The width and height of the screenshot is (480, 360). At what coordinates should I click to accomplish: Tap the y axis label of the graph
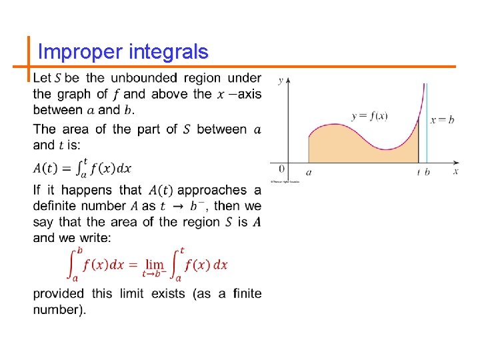(x=281, y=81)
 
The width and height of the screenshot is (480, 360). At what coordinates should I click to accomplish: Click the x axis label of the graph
(x=456, y=171)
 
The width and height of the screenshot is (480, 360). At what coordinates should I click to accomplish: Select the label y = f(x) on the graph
(x=370, y=116)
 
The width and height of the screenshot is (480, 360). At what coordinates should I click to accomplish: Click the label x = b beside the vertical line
(x=442, y=120)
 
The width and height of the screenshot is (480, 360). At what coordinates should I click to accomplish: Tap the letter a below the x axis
(x=308, y=172)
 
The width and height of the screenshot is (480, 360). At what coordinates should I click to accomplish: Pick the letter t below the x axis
(x=419, y=172)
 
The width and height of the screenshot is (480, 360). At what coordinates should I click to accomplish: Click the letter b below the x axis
(x=427, y=172)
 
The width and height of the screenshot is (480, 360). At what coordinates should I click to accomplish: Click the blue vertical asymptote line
(x=426, y=133)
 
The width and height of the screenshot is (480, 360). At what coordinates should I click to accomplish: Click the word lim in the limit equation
(x=155, y=264)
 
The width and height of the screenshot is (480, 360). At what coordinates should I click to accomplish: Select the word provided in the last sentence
(x=59, y=294)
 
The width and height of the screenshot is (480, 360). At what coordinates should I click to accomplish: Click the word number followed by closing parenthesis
(x=58, y=310)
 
